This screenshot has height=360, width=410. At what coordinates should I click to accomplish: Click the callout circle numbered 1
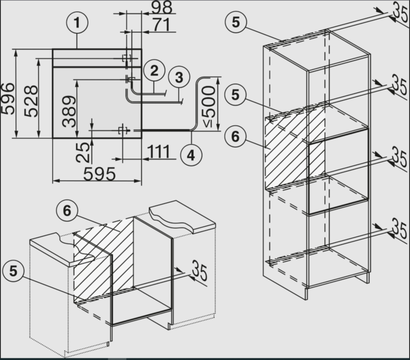point(77,23)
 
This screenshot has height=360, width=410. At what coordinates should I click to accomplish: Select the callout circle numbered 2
point(154,71)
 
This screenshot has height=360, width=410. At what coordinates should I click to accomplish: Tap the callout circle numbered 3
point(179,78)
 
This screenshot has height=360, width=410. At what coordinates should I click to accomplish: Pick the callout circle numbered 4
point(191,155)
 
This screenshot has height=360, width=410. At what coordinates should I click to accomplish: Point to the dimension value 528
point(31,101)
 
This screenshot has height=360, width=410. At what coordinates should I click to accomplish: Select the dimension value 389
point(69,112)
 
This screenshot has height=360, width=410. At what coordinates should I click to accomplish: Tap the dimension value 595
point(99,174)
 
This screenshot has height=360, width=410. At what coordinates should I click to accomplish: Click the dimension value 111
point(159,151)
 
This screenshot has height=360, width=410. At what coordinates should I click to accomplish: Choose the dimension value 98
point(162,7)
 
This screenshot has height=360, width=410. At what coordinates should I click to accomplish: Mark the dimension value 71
point(161,25)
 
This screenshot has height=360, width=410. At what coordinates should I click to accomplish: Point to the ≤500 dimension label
point(209,107)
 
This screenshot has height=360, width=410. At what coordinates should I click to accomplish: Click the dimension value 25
point(83,152)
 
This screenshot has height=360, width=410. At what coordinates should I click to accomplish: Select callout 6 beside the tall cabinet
point(235,136)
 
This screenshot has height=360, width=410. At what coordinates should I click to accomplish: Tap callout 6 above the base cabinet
point(67,211)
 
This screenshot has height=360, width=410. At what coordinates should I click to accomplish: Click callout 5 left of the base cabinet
point(13,271)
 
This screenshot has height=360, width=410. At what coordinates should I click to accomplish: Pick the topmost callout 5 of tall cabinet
point(236,22)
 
